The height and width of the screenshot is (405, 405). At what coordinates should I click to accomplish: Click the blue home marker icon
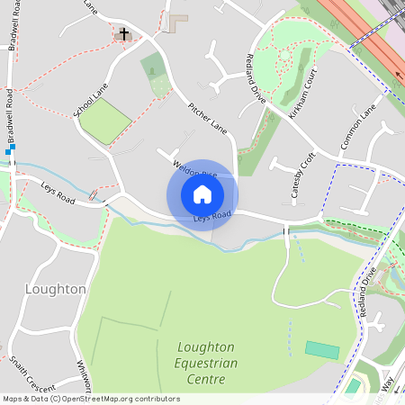tap(202, 194)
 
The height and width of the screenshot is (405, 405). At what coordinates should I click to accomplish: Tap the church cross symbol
tap(123, 35)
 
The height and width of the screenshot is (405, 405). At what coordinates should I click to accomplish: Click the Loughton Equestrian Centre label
tap(207, 363)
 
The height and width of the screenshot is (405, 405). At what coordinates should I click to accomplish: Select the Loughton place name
tap(56, 289)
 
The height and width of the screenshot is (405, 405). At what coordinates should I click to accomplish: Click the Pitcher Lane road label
tap(207, 117)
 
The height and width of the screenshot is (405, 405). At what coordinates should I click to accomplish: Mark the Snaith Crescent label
tap(28, 375)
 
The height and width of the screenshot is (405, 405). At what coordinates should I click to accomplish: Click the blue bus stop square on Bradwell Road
tap(8, 152)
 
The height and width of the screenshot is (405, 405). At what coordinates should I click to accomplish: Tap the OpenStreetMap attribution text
tap(91, 399)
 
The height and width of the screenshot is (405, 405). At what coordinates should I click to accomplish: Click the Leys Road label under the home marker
tap(212, 215)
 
